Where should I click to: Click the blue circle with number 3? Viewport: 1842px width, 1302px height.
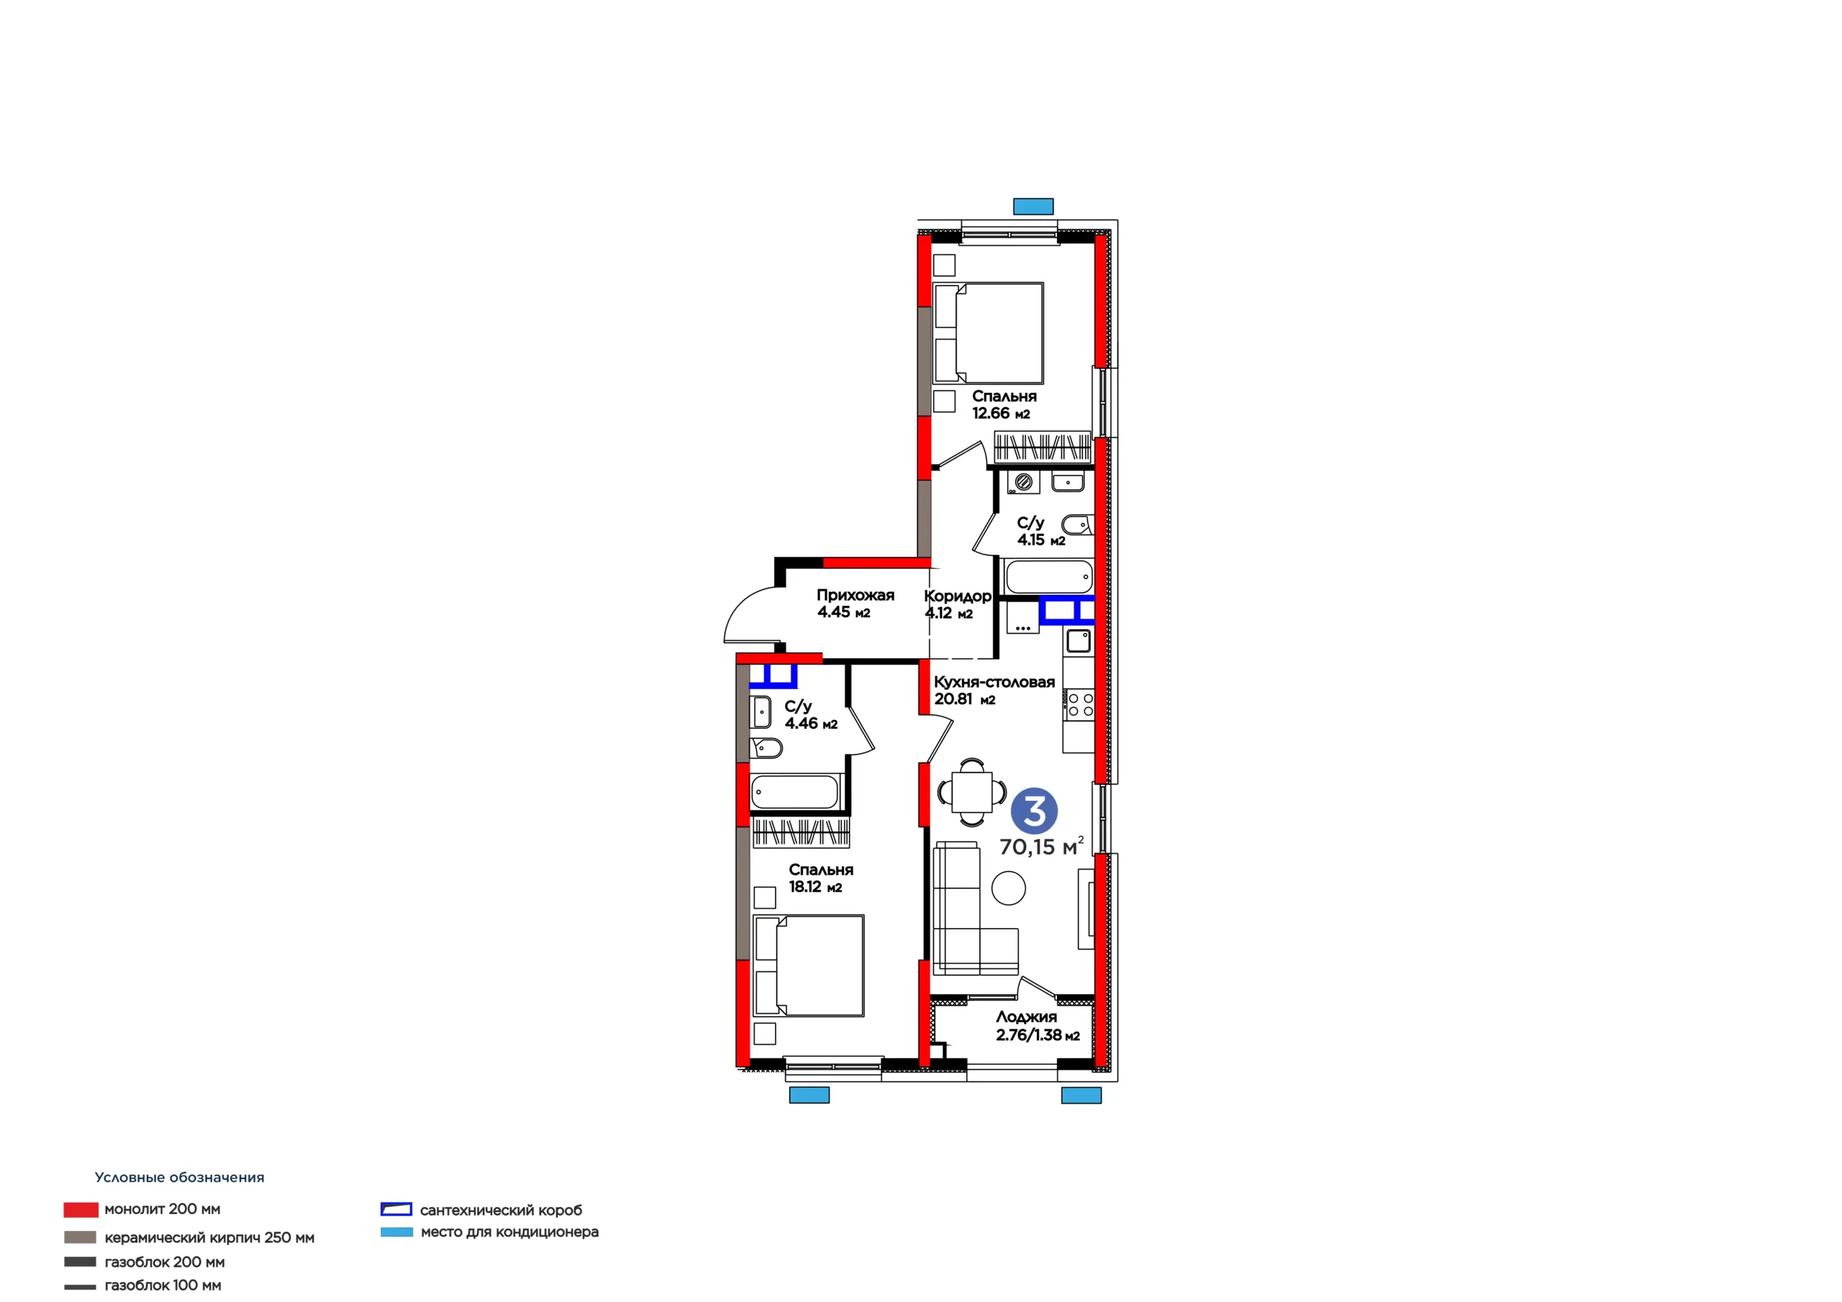(1034, 811)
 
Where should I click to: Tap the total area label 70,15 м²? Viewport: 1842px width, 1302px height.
(1041, 847)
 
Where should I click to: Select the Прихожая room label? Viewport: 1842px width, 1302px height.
(856, 595)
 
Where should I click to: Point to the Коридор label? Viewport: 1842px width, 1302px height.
(957, 596)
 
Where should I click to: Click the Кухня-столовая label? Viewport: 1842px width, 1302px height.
(994, 682)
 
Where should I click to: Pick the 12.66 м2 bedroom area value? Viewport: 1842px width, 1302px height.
(1001, 413)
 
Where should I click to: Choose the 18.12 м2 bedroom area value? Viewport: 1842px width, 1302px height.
(815, 886)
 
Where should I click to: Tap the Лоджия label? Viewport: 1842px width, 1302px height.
(1026, 1017)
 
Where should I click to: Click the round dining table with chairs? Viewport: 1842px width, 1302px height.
(971, 792)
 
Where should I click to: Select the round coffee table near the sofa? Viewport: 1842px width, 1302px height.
(1009, 889)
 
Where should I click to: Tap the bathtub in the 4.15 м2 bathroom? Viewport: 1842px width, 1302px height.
(1048, 576)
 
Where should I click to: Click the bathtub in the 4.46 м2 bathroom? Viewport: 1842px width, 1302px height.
(795, 792)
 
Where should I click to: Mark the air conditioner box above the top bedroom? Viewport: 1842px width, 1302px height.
(1033, 206)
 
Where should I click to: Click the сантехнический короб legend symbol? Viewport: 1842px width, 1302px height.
(396, 1209)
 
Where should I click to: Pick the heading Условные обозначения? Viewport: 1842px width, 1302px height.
(180, 1177)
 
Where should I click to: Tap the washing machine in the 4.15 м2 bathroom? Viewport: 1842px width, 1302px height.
(1024, 481)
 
